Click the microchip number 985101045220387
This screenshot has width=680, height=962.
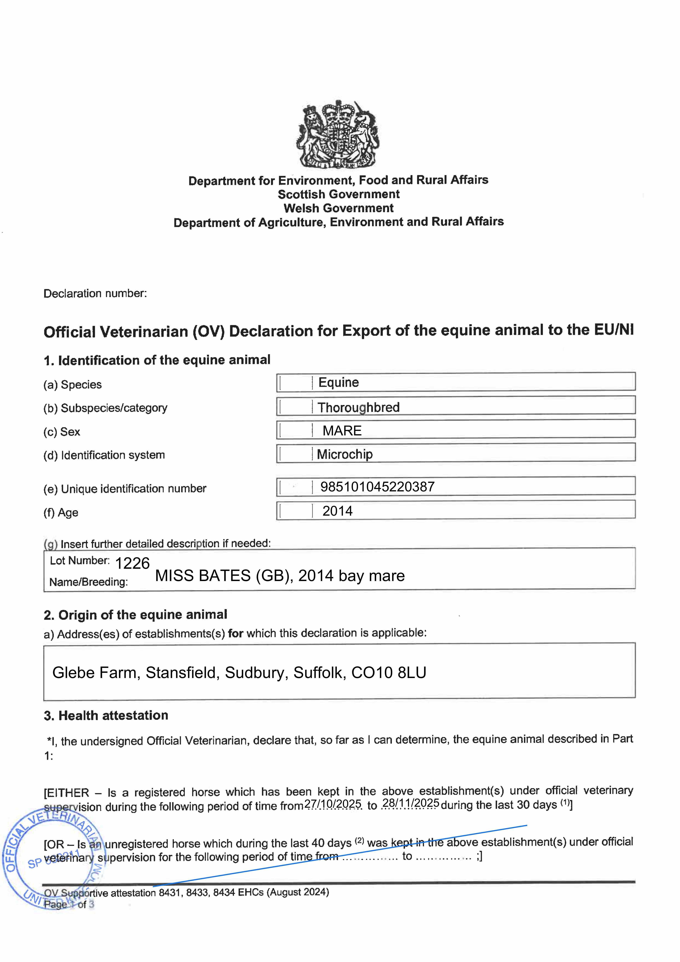point(377,487)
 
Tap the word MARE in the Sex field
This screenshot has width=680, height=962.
point(342,431)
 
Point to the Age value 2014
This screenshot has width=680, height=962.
point(337,511)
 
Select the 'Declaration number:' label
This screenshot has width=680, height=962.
point(95,293)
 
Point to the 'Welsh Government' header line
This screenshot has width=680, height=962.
point(339,208)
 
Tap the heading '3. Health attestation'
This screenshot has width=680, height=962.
point(106,715)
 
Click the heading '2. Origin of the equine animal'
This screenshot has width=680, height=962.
point(135,615)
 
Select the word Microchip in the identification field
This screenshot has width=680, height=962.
point(344,454)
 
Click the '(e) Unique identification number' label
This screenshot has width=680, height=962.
point(125,489)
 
